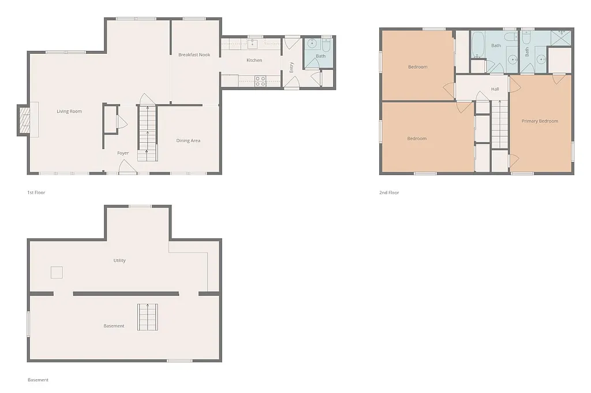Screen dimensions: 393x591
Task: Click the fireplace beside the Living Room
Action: pyautogui.click(x=25, y=121)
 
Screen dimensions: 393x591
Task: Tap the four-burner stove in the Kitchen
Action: pyautogui.click(x=260, y=81)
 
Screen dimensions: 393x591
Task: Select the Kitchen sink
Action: pyautogui.click(x=252, y=44)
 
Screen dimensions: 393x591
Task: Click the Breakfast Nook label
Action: pyautogui.click(x=194, y=55)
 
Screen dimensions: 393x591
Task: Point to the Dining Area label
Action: pyautogui.click(x=188, y=140)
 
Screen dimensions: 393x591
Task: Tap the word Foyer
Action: pyautogui.click(x=123, y=153)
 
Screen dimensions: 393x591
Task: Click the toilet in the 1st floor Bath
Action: pyautogui.click(x=326, y=45)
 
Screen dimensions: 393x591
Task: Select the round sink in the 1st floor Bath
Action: pyautogui.click(x=312, y=44)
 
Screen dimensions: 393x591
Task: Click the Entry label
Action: pyautogui.click(x=291, y=67)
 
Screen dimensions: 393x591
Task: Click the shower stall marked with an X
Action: pyautogui.click(x=559, y=37)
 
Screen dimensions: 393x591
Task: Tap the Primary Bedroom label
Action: pyautogui.click(x=540, y=121)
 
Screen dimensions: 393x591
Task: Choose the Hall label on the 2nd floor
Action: pyautogui.click(x=495, y=89)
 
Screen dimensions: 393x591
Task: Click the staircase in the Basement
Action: pyautogui.click(x=147, y=317)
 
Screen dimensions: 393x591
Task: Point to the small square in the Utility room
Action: pyautogui.click(x=57, y=272)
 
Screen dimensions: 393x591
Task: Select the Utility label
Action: pyautogui.click(x=119, y=261)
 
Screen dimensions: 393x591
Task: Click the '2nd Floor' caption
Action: pyautogui.click(x=389, y=192)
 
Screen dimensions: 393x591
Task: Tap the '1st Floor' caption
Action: pyautogui.click(x=36, y=192)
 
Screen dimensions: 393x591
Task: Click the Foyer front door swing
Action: pyautogui.click(x=127, y=167)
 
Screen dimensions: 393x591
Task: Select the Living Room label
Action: pyautogui.click(x=69, y=112)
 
